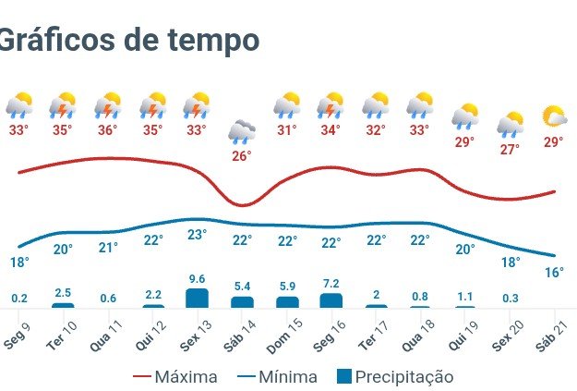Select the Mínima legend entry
click(x=276, y=377)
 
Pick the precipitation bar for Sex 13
click(x=197, y=298)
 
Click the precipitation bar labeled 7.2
click(x=331, y=300)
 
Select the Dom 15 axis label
click(x=285, y=330)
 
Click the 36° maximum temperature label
click(x=107, y=130)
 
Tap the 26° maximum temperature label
click(x=241, y=156)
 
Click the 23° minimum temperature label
click(x=197, y=235)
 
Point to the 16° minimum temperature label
click(x=554, y=273)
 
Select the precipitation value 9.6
click(x=196, y=278)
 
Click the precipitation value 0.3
click(x=510, y=298)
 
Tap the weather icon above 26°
click(x=242, y=131)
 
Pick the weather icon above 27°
click(x=510, y=124)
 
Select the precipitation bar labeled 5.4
click(x=242, y=301)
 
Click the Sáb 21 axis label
click(x=553, y=329)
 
